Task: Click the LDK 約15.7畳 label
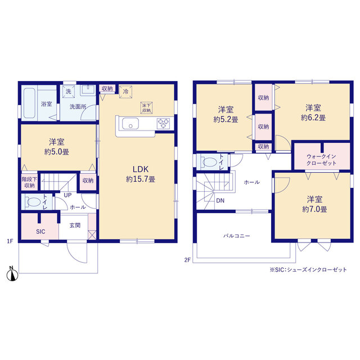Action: coord(141,174)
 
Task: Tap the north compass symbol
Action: coord(12,274)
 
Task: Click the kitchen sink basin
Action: coord(130,124)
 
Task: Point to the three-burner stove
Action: coord(164,123)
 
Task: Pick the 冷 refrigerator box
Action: coord(125,92)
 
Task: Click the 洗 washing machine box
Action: coord(69,92)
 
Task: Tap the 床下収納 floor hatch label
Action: coord(146,107)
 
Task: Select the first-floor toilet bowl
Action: coord(34,202)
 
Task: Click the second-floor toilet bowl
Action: coord(210,163)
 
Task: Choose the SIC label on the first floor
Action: coord(40,232)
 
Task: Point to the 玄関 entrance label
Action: coord(75,226)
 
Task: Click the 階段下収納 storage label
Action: coord(29,182)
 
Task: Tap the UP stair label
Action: coord(67,195)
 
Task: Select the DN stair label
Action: coord(220,200)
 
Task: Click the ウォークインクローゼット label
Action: coord(321,160)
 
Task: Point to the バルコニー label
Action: coord(237,236)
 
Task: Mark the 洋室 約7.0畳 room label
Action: coord(314,204)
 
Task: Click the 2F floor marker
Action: coord(187,260)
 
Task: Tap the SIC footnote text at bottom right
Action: coord(308,270)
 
